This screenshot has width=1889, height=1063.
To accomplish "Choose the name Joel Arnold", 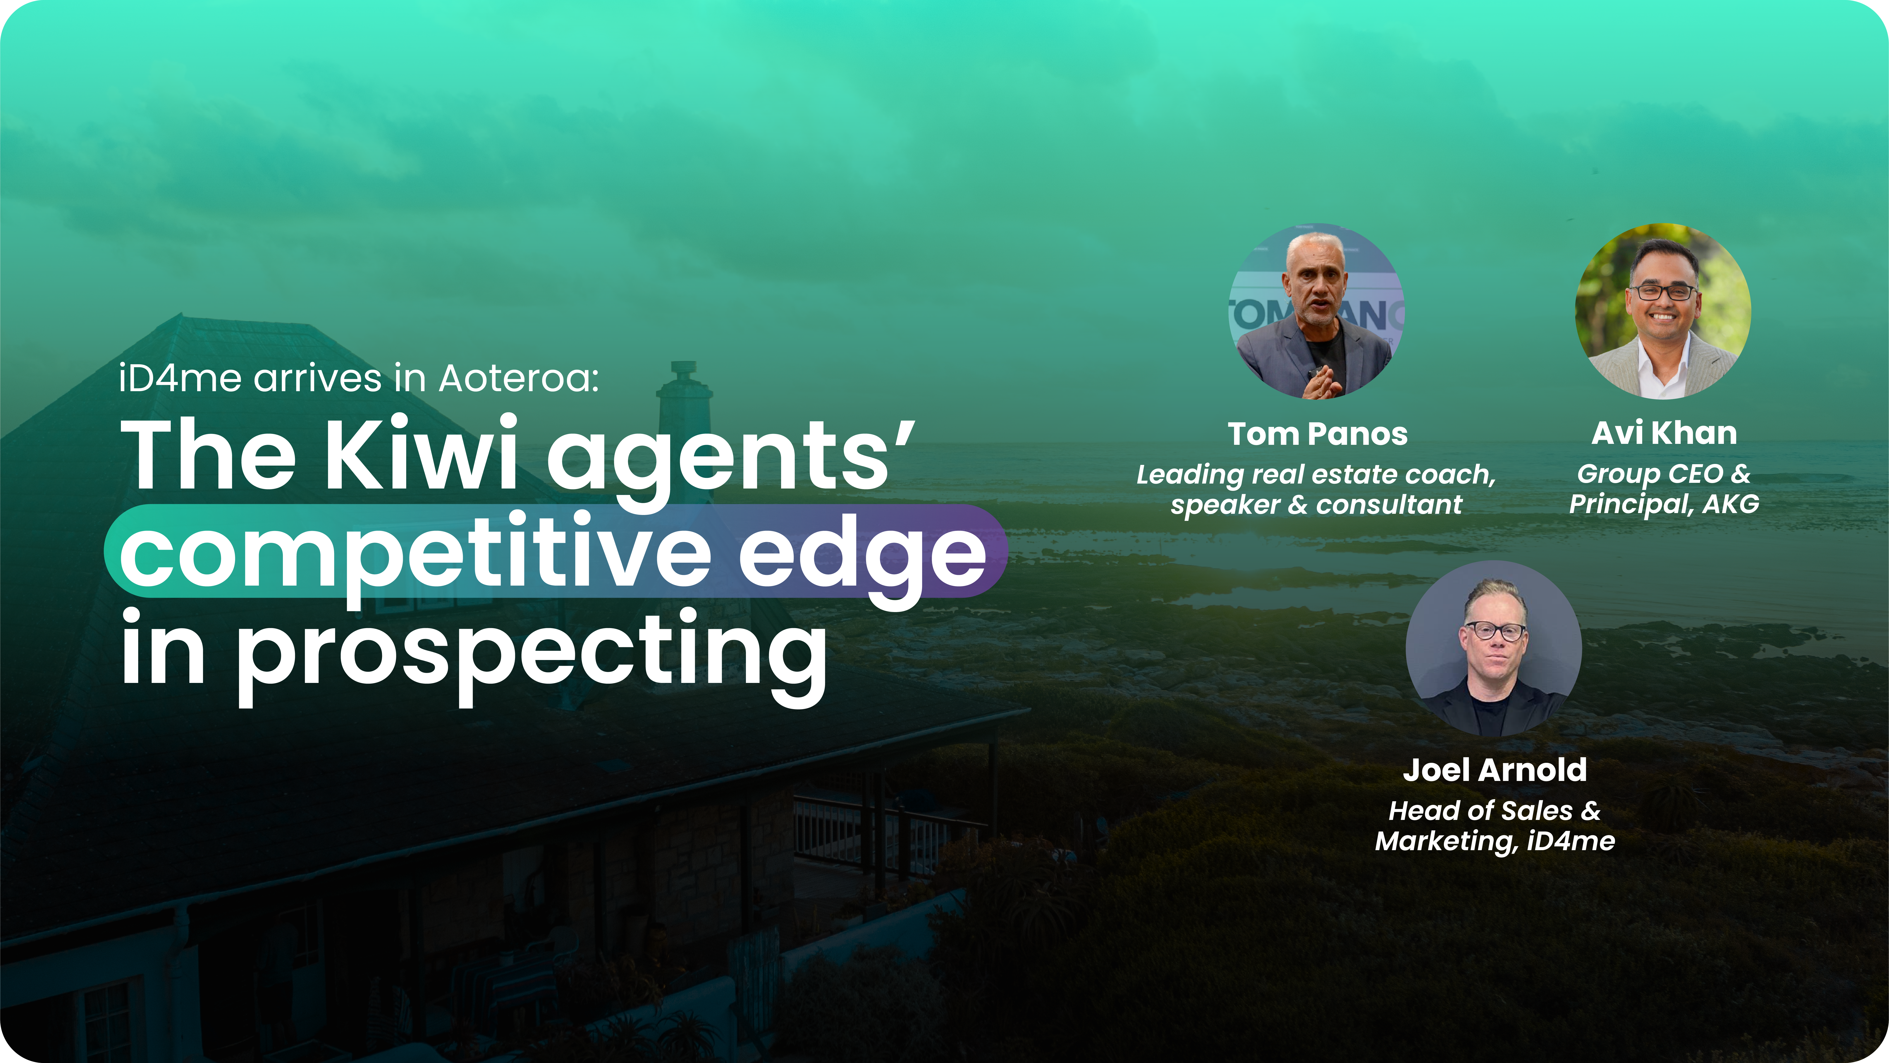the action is (1494, 770).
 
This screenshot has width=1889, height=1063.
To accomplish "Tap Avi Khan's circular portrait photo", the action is (1663, 311).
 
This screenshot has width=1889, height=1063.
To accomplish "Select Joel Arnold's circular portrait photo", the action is (1494, 648).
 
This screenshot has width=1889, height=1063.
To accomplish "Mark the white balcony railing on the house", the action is (880, 836).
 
